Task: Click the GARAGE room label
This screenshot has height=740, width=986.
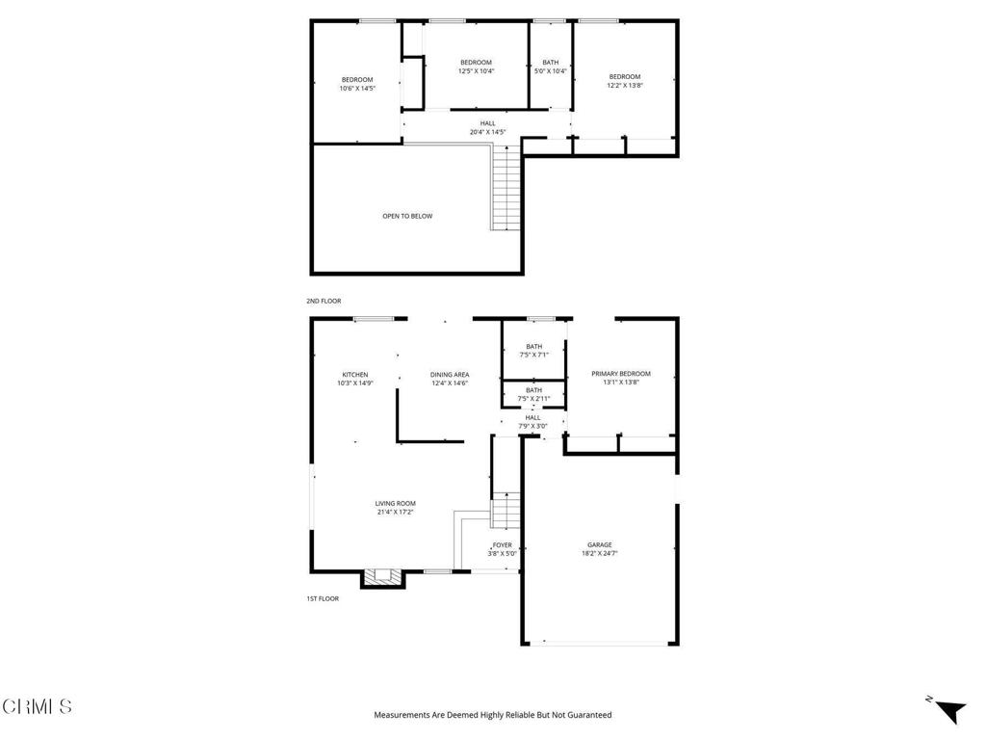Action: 599,544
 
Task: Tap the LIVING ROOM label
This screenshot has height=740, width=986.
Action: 395,503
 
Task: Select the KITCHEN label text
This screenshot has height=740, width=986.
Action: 354,375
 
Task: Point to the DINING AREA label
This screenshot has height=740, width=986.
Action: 450,375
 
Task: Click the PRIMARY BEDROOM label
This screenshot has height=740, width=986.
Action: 621,374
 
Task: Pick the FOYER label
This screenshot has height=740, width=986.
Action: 502,545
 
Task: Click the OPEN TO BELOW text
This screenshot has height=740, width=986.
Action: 407,216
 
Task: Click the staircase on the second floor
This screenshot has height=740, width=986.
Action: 506,187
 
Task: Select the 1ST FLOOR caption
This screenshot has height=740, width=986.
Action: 323,598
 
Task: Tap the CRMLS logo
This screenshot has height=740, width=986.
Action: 37,706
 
